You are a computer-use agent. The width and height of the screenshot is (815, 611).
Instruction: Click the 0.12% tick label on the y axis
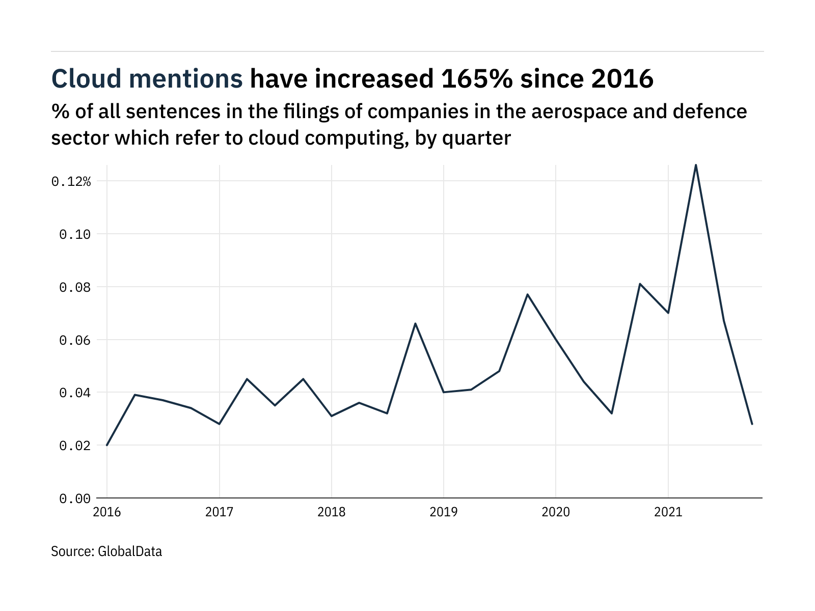(x=71, y=181)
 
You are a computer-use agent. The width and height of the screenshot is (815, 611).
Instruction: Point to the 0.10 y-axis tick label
(x=75, y=234)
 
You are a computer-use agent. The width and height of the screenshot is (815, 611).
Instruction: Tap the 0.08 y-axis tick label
(x=75, y=287)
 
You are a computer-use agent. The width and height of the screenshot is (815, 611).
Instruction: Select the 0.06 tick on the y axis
(x=75, y=340)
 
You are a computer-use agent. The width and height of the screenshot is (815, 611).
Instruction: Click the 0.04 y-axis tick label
(x=75, y=393)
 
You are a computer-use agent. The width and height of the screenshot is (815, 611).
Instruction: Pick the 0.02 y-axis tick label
(x=75, y=446)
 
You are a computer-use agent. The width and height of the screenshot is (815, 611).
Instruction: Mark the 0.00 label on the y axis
(x=75, y=498)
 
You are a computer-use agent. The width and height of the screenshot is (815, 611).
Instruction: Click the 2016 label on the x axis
(x=107, y=512)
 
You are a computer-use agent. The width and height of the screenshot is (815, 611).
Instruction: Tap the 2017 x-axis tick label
(x=219, y=512)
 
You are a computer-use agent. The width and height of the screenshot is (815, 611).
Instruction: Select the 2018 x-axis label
(x=331, y=512)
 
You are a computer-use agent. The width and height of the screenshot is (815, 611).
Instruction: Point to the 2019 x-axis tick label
(x=444, y=512)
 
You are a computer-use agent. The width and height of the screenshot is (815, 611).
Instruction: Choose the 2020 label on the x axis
(x=556, y=512)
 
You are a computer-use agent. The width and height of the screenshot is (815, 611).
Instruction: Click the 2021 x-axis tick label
(x=668, y=512)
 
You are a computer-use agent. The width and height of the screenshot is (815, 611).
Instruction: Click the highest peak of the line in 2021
(x=696, y=165)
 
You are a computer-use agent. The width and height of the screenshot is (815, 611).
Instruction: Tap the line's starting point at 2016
(x=107, y=445)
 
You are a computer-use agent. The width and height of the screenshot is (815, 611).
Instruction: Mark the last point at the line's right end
(x=752, y=424)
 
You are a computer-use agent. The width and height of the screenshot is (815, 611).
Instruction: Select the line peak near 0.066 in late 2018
(x=416, y=323)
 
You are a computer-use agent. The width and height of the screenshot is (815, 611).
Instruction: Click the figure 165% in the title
(x=473, y=79)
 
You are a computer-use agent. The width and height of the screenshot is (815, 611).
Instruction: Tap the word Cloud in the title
(x=87, y=79)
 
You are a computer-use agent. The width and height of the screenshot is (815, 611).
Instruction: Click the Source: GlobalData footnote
(x=106, y=551)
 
